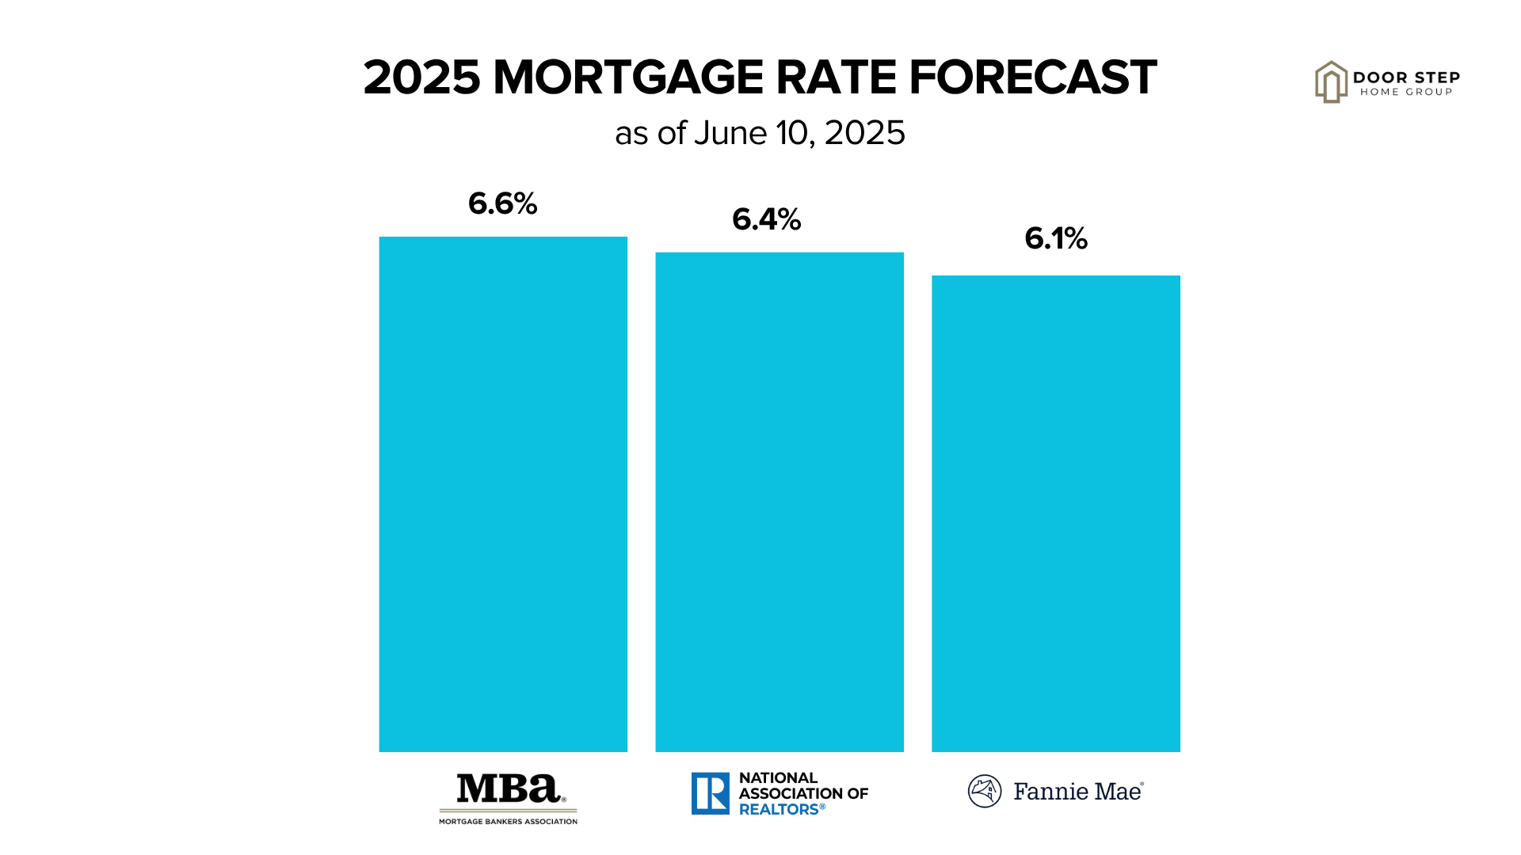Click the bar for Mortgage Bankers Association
pos(503,494)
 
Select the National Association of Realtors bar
pos(780,502)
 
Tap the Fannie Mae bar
pos(1055,513)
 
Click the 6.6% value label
pos(503,203)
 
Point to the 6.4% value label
pos(767,219)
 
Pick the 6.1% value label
pos(1056,238)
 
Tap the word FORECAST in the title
pos(1033,78)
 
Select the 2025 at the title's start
pos(421,78)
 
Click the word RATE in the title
pos(837,78)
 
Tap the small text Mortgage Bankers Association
pos(509,822)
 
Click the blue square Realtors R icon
pos(710,793)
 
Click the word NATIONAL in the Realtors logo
pos(778,778)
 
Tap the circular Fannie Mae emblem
pos(985,791)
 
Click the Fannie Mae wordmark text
pos(1078,792)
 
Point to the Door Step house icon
pos(1331,82)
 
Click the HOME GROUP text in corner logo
pos(1406,92)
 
